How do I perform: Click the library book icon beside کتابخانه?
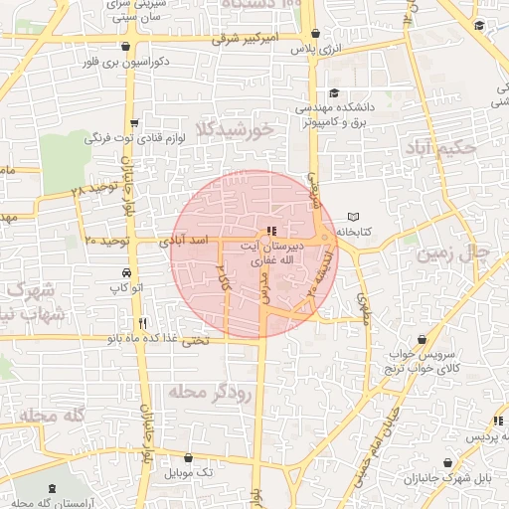[355, 217]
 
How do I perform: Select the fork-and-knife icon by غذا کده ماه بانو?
[144, 323]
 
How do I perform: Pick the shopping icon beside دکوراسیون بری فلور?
[123, 47]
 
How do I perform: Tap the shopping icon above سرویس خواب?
[424, 340]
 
